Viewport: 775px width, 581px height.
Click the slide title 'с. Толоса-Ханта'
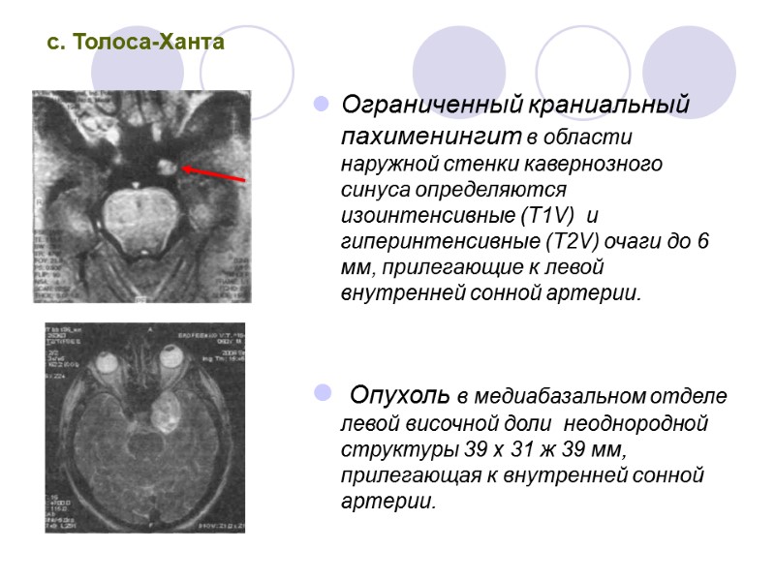click(137, 44)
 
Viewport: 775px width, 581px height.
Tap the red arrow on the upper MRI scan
click(212, 173)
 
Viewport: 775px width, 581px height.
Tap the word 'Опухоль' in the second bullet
click(398, 396)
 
